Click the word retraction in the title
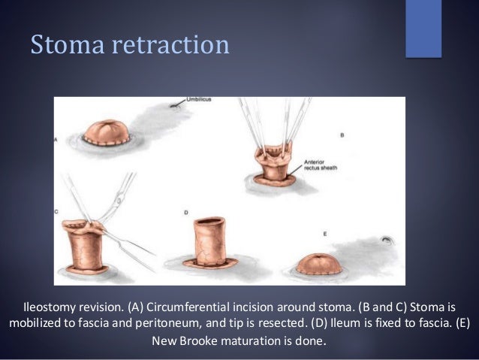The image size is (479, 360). (x=167, y=45)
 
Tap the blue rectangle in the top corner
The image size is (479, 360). (x=423, y=28)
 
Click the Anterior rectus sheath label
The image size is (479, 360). (x=321, y=163)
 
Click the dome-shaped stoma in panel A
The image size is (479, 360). (x=108, y=133)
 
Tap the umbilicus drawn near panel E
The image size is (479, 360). (x=387, y=242)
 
